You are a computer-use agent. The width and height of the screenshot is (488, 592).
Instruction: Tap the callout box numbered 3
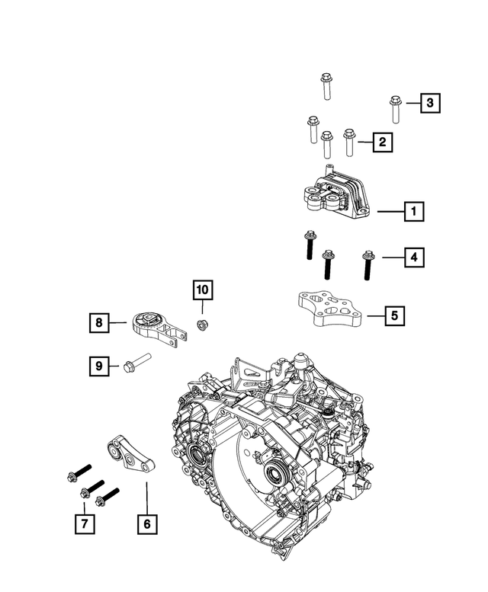tap(430, 103)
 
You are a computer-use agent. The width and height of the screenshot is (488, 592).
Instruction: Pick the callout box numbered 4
tap(413, 258)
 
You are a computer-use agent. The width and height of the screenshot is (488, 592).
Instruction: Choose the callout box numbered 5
tap(394, 315)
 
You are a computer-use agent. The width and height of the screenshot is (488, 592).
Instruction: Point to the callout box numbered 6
tap(147, 523)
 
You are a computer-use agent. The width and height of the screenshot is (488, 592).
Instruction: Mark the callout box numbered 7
tap(85, 523)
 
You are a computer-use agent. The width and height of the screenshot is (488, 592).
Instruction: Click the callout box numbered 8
tap(98, 324)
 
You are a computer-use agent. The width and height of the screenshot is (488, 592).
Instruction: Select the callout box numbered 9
tap(98, 366)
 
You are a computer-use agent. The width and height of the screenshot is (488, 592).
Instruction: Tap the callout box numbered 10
tap(202, 290)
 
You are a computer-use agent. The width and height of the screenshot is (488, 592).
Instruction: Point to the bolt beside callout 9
tap(135, 364)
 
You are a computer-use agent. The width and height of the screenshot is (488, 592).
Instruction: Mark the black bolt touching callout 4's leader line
tap(368, 266)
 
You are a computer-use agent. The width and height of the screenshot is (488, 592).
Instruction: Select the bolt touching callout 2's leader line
tap(350, 142)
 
